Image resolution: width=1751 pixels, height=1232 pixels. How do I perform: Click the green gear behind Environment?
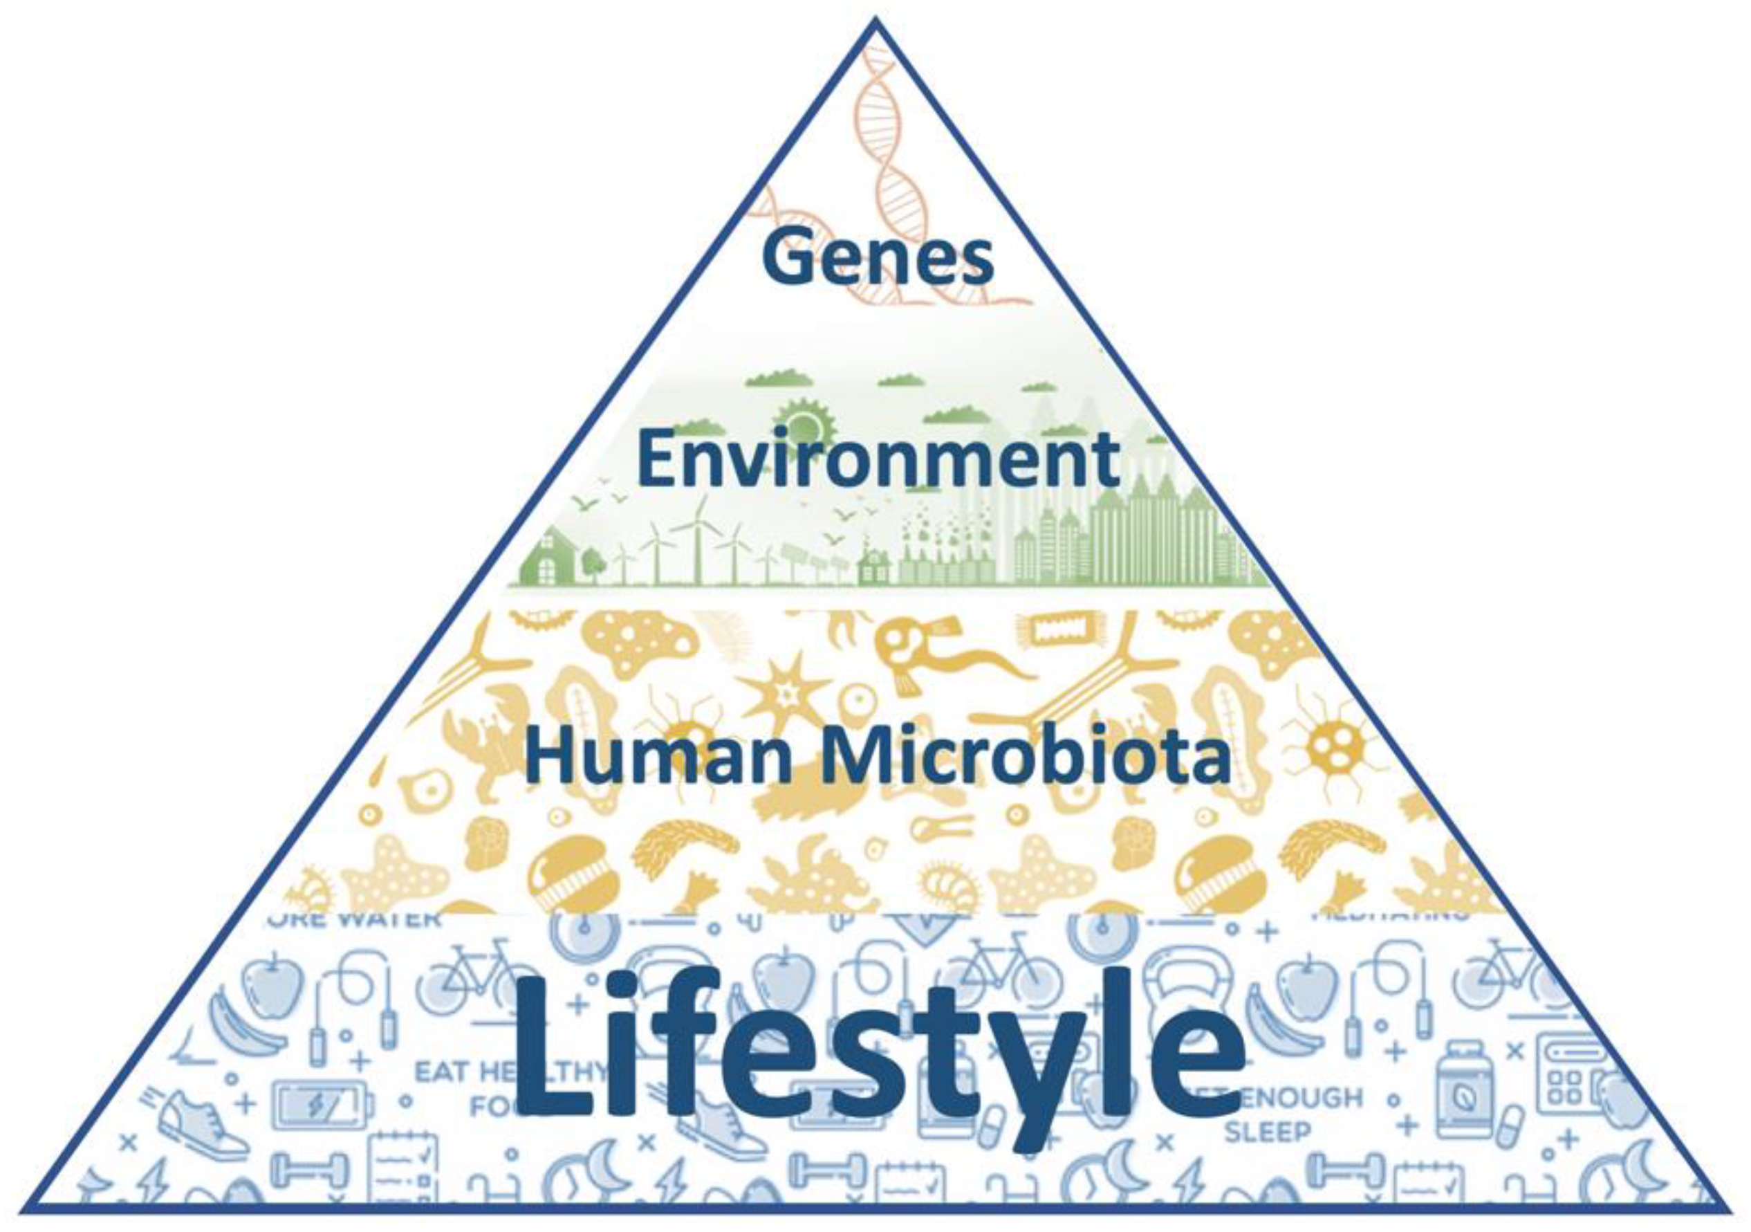pyautogui.click(x=804, y=423)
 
